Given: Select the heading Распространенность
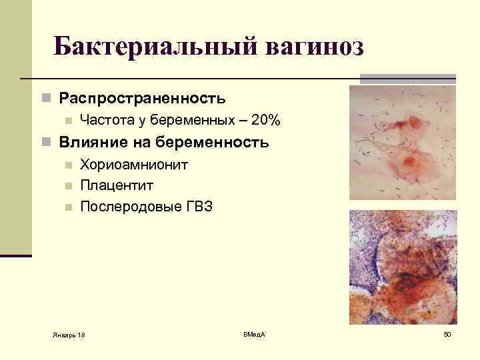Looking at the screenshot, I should click(x=142, y=99).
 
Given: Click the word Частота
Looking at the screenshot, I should click(x=104, y=121).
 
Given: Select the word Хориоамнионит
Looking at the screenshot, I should click(x=134, y=164).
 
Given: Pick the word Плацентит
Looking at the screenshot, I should click(x=115, y=185).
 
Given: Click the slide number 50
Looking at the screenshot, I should click(x=447, y=333).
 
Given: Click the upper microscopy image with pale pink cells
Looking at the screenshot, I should click(x=403, y=142).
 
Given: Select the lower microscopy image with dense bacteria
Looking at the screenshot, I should click(x=403, y=267).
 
